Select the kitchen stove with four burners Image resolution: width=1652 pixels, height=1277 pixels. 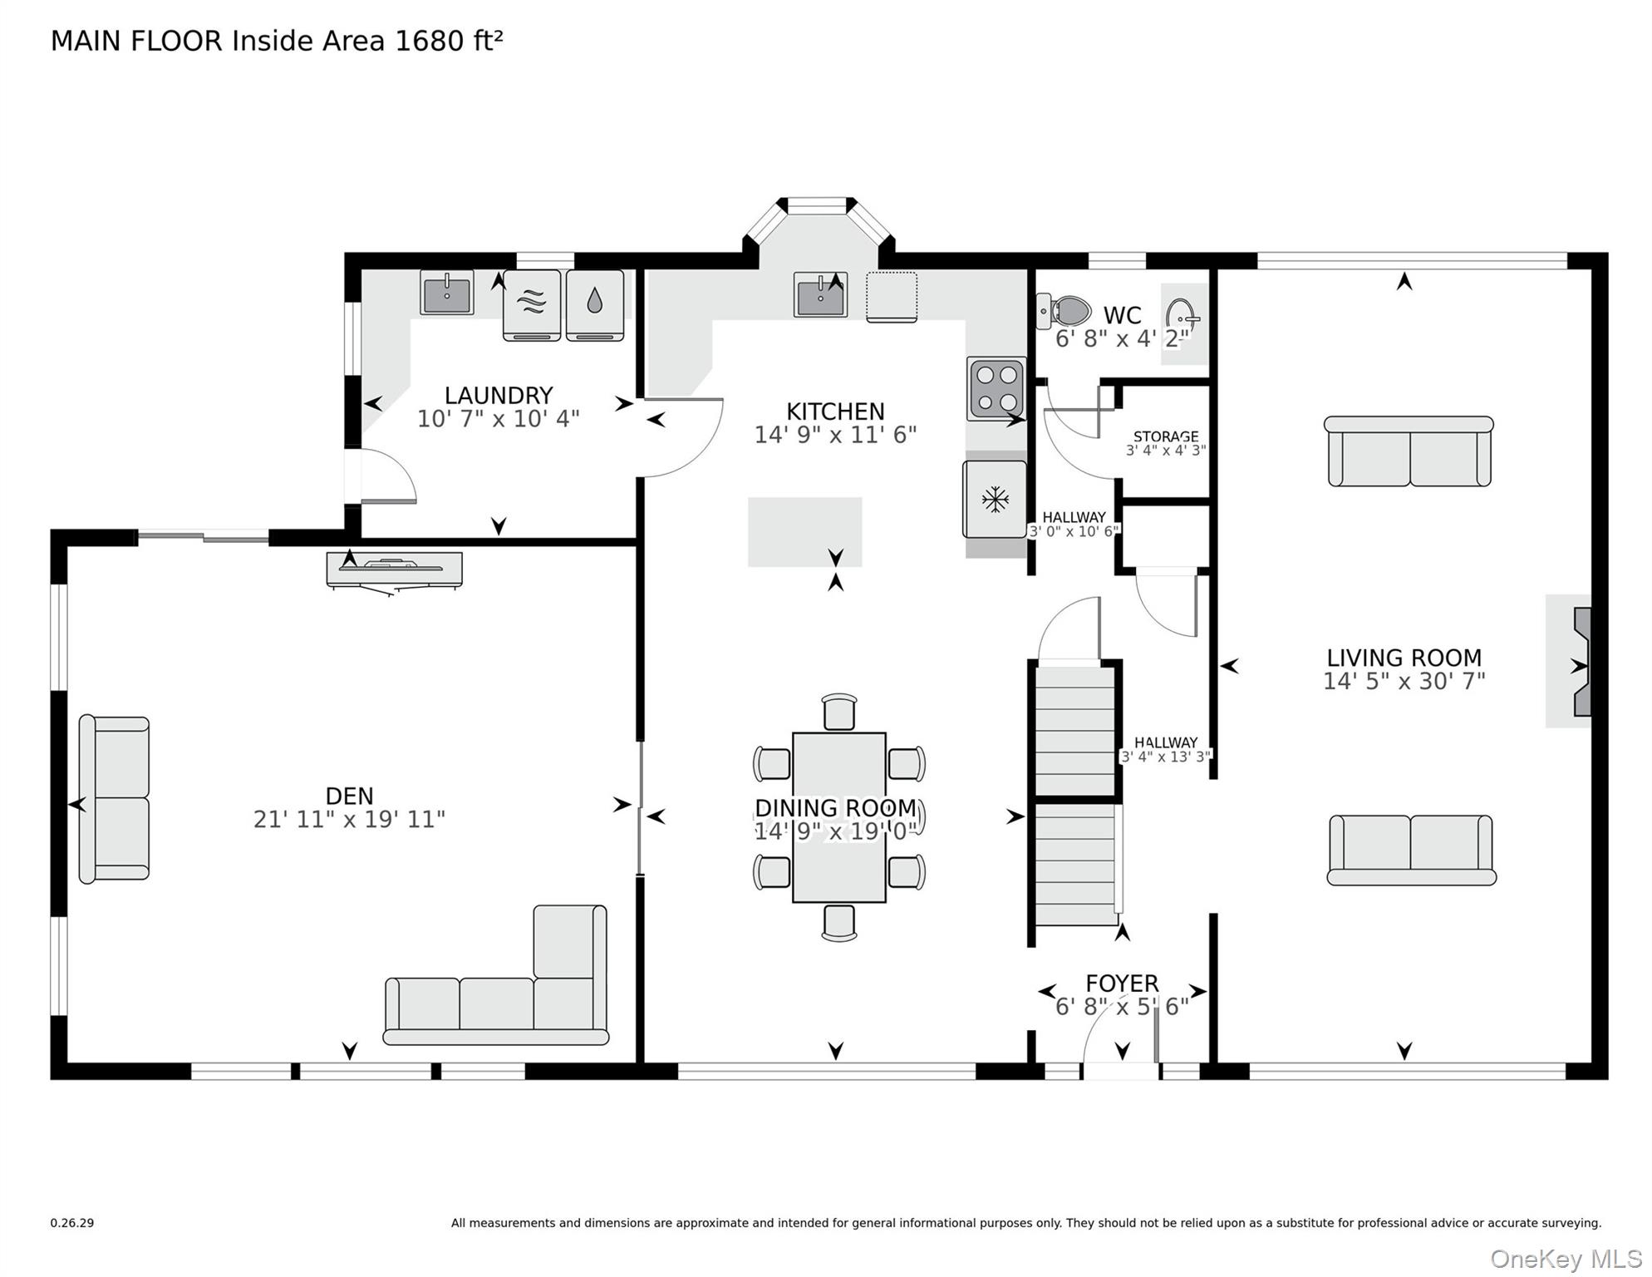[x=996, y=388]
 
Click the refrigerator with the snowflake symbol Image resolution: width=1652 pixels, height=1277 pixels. [x=995, y=499]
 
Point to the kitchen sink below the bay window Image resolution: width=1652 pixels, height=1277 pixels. [x=820, y=294]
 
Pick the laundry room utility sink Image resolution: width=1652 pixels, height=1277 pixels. [x=447, y=293]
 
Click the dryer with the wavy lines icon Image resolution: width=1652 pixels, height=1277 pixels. [x=532, y=305]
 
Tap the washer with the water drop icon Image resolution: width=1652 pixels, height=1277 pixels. [x=595, y=305]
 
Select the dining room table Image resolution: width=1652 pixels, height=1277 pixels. [x=839, y=817]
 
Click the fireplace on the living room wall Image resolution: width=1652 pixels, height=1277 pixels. [x=1581, y=662]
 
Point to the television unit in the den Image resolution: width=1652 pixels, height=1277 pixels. [x=395, y=571]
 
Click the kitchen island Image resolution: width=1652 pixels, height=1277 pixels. [x=804, y=532]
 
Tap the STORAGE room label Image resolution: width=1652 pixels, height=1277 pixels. [x=1166, y=436]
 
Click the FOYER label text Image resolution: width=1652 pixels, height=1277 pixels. [x=1122, y=984]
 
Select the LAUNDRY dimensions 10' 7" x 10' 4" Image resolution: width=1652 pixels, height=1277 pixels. [x=499, y=418]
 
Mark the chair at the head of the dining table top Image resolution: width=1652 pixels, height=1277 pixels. [x=839, y=712]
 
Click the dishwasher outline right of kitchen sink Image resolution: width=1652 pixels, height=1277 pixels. [x=892, y=297]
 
